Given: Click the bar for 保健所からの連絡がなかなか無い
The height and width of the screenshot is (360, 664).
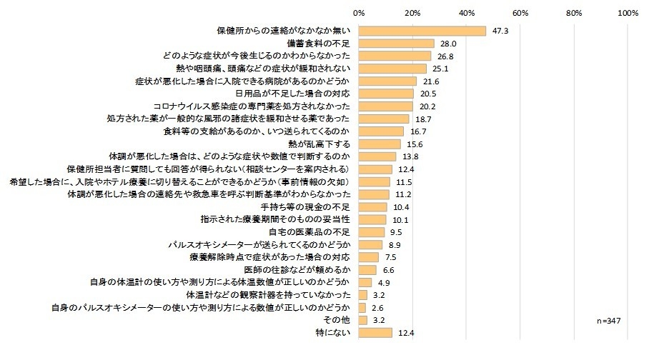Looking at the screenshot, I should point(422,31).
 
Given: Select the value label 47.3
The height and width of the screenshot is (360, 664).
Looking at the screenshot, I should point(500,31).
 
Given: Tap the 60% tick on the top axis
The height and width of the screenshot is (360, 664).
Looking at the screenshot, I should point(520,13).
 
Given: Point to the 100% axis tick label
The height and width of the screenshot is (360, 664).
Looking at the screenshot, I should point(628,13).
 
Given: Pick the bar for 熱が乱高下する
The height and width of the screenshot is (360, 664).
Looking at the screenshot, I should point(380,144).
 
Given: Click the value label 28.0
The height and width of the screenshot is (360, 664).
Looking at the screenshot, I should point(448,44).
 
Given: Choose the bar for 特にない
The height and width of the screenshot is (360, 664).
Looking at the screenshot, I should point(375,333).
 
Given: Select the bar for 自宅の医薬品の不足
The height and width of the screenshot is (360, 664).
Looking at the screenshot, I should point(372,232).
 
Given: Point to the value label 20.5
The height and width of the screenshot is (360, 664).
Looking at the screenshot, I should point(428,94).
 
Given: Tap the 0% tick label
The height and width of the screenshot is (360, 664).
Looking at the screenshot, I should point(360,13).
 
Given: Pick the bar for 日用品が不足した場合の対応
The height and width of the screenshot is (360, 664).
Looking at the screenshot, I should point(386,94).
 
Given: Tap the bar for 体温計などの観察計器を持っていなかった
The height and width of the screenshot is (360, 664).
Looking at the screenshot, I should point(363,295).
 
